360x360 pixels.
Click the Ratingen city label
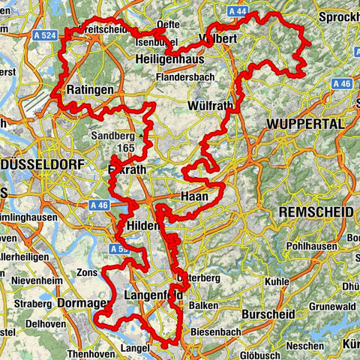(90, 90)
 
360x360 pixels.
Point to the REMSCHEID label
(315, 213)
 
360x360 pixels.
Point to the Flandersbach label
(187, 76)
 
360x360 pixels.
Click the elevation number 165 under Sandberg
(125, 149)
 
